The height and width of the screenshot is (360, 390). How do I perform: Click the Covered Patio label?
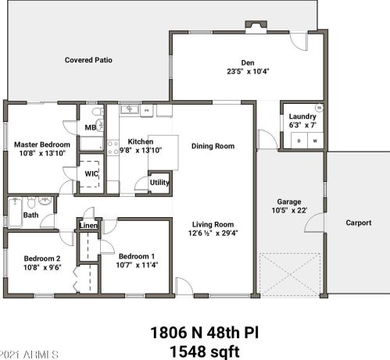click(88, 60)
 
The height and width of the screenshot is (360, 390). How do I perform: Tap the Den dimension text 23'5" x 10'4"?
click(248, 71)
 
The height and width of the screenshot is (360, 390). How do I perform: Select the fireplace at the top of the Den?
click(256, 27)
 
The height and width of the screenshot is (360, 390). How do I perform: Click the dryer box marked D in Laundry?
click(299, 141)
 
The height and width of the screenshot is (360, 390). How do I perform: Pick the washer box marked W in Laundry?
click(315, 141)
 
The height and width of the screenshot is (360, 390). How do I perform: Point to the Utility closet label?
click(159, 183)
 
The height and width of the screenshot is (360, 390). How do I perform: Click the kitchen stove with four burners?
click(113, 148)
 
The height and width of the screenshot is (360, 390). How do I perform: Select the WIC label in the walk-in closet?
click(91, 173)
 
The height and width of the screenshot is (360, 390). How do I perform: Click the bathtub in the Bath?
click(16, 212)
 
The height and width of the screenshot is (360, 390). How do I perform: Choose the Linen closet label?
click(88, 226)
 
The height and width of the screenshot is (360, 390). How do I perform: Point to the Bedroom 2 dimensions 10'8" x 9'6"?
click(42, 267)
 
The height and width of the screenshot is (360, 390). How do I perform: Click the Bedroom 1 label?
click(137, 256)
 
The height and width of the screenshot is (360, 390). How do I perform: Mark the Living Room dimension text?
click(213, 233)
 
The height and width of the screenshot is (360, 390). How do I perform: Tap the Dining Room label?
click(213, 146)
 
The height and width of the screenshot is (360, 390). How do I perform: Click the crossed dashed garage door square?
click(290, 274)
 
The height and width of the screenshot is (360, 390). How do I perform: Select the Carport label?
click(359, 223)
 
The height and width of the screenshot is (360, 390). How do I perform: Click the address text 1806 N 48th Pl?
click(205, 333)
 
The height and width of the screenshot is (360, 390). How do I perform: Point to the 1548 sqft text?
click(205, 351)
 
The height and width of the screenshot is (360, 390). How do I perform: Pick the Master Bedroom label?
click(42, 144)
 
